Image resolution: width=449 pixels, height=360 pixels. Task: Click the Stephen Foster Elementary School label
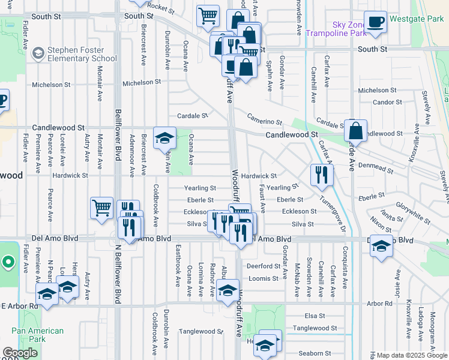pyautogui.click(x=83, y=54)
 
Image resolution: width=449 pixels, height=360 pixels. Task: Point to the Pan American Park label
pyautogui.click(x=37, y=335)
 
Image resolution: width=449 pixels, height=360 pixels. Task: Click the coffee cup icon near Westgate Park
pyautogui.click(x=376, y=22)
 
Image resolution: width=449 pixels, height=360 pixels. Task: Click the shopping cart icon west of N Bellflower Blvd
pyautogui.click(x=101, y=208)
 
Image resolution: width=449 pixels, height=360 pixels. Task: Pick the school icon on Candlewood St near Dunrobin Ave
pyautogui.click(x=164, y=139)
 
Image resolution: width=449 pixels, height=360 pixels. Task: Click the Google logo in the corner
pyautogui.click(x=20, y=353)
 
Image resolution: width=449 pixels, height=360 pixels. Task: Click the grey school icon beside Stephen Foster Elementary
pyautogui.click(x=37, y=54)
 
